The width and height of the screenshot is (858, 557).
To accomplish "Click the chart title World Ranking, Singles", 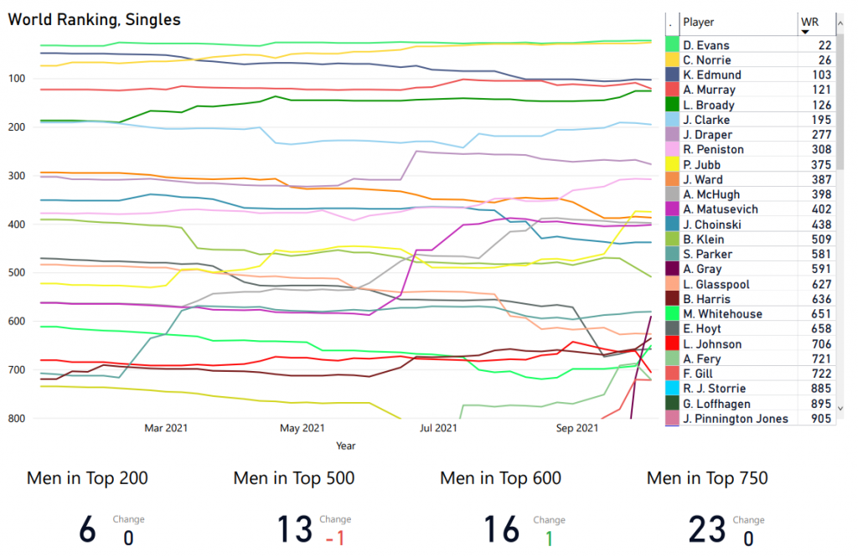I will [94, 19].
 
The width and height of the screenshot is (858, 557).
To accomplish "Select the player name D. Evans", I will [706, 45].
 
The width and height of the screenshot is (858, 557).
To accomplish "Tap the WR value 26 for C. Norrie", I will [824, 60].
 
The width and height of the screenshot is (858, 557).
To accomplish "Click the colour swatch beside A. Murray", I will [672, 90].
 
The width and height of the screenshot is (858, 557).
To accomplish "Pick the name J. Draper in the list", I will [707, 135].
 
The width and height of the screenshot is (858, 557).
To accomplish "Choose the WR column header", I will [809, 22].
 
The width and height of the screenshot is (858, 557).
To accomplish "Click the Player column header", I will [699, 22].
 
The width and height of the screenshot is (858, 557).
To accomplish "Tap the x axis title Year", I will [345, 446].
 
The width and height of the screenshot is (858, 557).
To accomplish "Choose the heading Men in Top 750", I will [707, 478].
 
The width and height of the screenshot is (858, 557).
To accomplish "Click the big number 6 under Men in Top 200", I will [87, 530].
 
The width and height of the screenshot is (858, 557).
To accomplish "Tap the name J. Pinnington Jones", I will [736, 419].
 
